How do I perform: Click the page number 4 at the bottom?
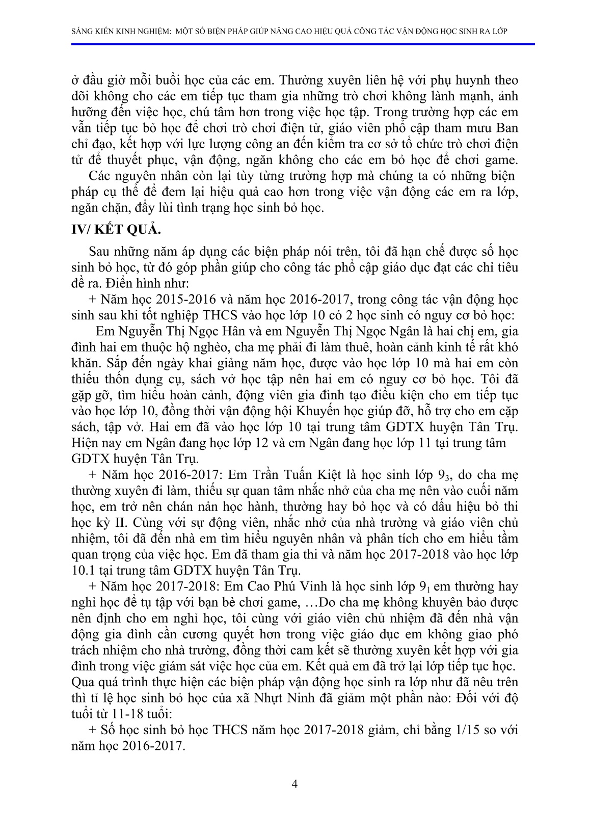tap(294, 784)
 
